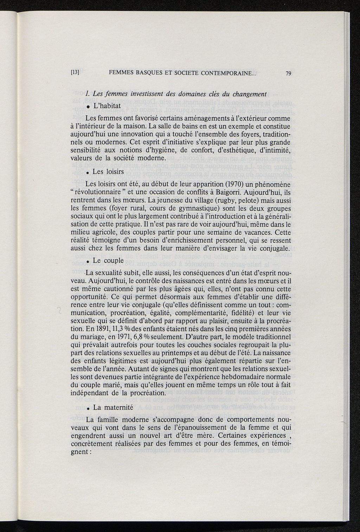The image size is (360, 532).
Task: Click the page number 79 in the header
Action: click(288, 73)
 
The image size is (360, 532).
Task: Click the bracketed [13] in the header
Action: click(75, 73)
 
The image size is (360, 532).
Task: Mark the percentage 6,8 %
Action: click(144, 336)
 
